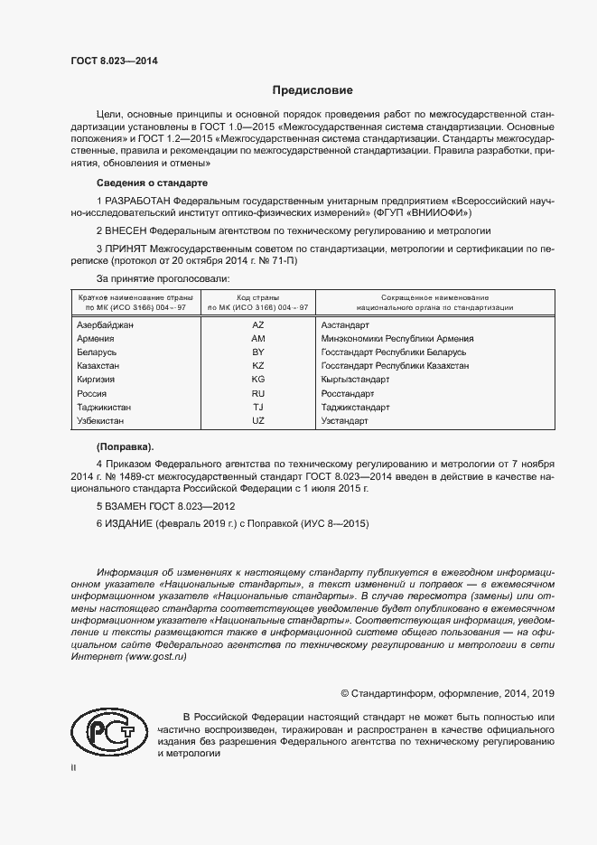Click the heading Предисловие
312,90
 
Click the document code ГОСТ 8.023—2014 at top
113,61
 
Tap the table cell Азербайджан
106,324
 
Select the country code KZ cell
257,365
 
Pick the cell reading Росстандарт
348,393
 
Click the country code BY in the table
257,352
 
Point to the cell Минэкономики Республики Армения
397,338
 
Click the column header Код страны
257,297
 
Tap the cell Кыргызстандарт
355,380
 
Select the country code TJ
257,408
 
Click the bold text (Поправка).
125,446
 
